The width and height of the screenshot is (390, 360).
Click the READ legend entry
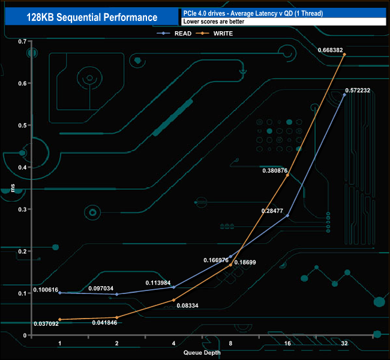[174, 34]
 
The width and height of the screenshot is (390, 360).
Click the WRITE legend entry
[214, 34]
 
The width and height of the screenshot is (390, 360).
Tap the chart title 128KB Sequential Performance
[92, 17]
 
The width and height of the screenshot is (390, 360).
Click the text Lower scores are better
[214, 22]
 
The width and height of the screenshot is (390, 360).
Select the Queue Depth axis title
[202, 353]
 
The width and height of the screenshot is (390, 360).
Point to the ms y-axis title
[13, 188]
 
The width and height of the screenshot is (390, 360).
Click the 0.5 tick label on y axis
[22, 125]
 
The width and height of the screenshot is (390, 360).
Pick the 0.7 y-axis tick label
[22, 41]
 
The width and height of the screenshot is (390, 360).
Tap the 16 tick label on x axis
[287, 343]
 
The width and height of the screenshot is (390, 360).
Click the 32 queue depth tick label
[344, 343]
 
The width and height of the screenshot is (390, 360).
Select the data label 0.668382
[331, 50]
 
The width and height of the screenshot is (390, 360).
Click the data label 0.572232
[358, 91]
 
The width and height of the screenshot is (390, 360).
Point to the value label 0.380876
[275, 170]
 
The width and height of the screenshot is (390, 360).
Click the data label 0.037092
[46, 323]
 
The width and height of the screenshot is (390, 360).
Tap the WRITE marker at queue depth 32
[344, 54]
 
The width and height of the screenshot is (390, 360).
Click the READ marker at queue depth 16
[287, 215]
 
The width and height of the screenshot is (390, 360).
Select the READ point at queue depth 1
[59, 293]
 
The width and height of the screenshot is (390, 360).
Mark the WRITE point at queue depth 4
[173, 300]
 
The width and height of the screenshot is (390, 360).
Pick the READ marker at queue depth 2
[117, 295]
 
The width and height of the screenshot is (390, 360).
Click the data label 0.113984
[158, 283]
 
